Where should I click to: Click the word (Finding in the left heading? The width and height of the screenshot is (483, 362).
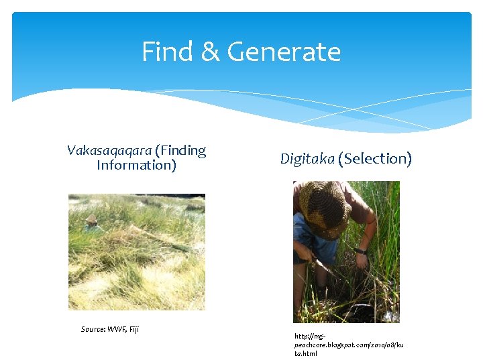[180, 151]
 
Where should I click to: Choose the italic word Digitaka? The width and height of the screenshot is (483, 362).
[307, 159]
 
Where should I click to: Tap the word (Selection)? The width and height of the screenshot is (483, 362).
[374, 159]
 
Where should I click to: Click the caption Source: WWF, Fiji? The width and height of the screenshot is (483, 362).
[110, 329]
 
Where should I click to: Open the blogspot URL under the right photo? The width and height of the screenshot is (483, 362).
[349, 345]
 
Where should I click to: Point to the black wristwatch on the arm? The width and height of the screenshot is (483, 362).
[363, 251]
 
